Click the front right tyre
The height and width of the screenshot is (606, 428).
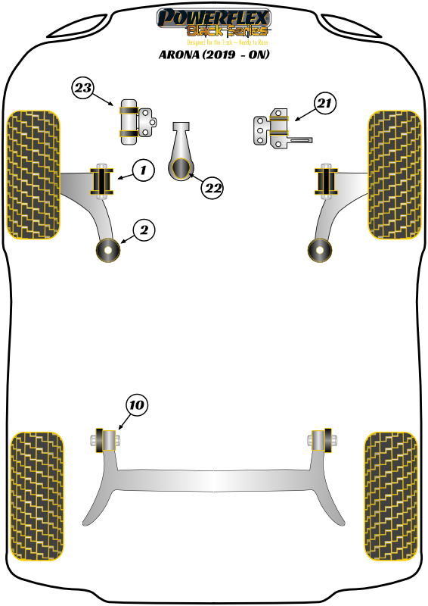pos(393,174)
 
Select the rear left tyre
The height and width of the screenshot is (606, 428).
pos(36,497)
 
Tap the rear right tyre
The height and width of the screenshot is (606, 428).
pos(391,497)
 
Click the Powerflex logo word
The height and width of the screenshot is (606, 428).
pos(212,17)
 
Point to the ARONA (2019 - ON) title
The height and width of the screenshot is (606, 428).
pos(213,55)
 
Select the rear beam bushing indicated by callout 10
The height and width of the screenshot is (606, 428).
pos(105,439)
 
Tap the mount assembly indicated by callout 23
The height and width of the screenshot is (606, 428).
pos(131,120)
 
